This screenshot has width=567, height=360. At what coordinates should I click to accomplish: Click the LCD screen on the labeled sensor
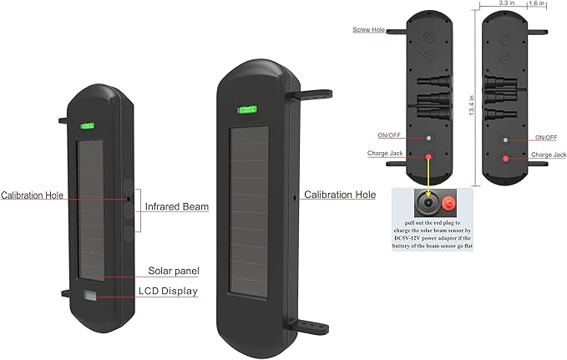[x=90, y=295]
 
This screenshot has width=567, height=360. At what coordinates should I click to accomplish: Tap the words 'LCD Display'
[x=168, y=292]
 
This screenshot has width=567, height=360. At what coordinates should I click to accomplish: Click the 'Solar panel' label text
[x=174, y=271]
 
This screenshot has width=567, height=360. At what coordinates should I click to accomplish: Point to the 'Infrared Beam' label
[x=177, y=206]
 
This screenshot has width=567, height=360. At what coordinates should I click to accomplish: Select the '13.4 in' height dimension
[x=472, y=105]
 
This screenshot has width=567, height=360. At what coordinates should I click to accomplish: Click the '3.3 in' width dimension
[x=507, y=3]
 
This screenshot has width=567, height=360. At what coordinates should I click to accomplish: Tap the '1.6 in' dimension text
[x=537, y=3]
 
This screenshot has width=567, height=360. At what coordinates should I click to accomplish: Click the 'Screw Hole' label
[x=368, y=30]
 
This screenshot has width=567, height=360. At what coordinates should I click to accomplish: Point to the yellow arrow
[x=428, y=177]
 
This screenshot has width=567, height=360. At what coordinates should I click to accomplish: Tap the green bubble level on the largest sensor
[x=247, y=109]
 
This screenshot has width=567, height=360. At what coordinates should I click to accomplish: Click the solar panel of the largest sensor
[x=249, y=211]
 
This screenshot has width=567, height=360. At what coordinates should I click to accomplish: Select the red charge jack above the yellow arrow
[x=428, y=157]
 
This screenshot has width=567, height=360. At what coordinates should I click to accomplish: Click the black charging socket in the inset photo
[x=428, y=203]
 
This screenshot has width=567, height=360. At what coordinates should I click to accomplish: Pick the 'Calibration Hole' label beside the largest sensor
[x=340, y=195]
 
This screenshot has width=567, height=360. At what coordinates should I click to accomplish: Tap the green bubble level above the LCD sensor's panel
[x=87, y=126]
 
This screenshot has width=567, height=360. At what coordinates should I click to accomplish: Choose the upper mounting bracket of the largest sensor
[x=312, y=94]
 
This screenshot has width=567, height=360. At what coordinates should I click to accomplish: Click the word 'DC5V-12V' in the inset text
[x=405, y=238]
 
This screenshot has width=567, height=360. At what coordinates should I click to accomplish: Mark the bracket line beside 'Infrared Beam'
[x=140, y=210]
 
